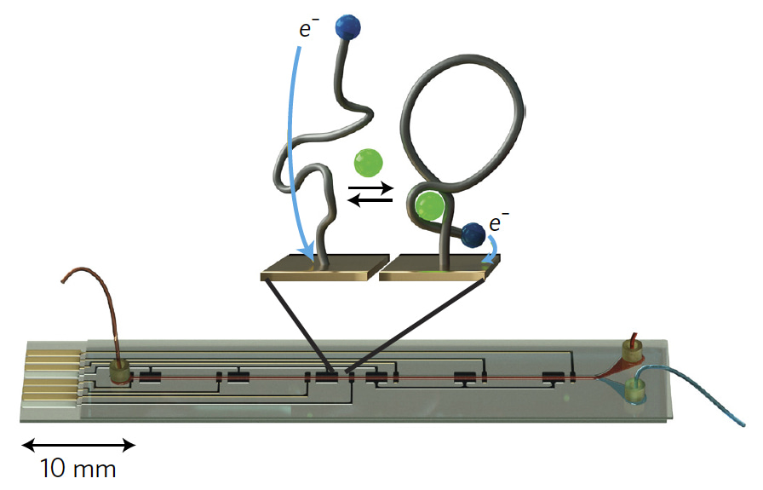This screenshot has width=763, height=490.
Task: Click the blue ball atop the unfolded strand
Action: click(x=349, y=27)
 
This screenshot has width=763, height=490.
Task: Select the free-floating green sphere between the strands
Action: click(x=370, y=161)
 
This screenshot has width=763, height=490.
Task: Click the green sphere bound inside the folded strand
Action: click(x=428, y=205)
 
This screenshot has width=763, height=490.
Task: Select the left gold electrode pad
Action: click(x=318, y=271)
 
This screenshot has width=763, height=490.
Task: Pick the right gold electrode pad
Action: click(x=437, y=271)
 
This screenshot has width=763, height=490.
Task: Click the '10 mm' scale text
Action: click(x=78, y=468)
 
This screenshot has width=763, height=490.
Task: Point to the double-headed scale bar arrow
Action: click(x=78, y=444)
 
